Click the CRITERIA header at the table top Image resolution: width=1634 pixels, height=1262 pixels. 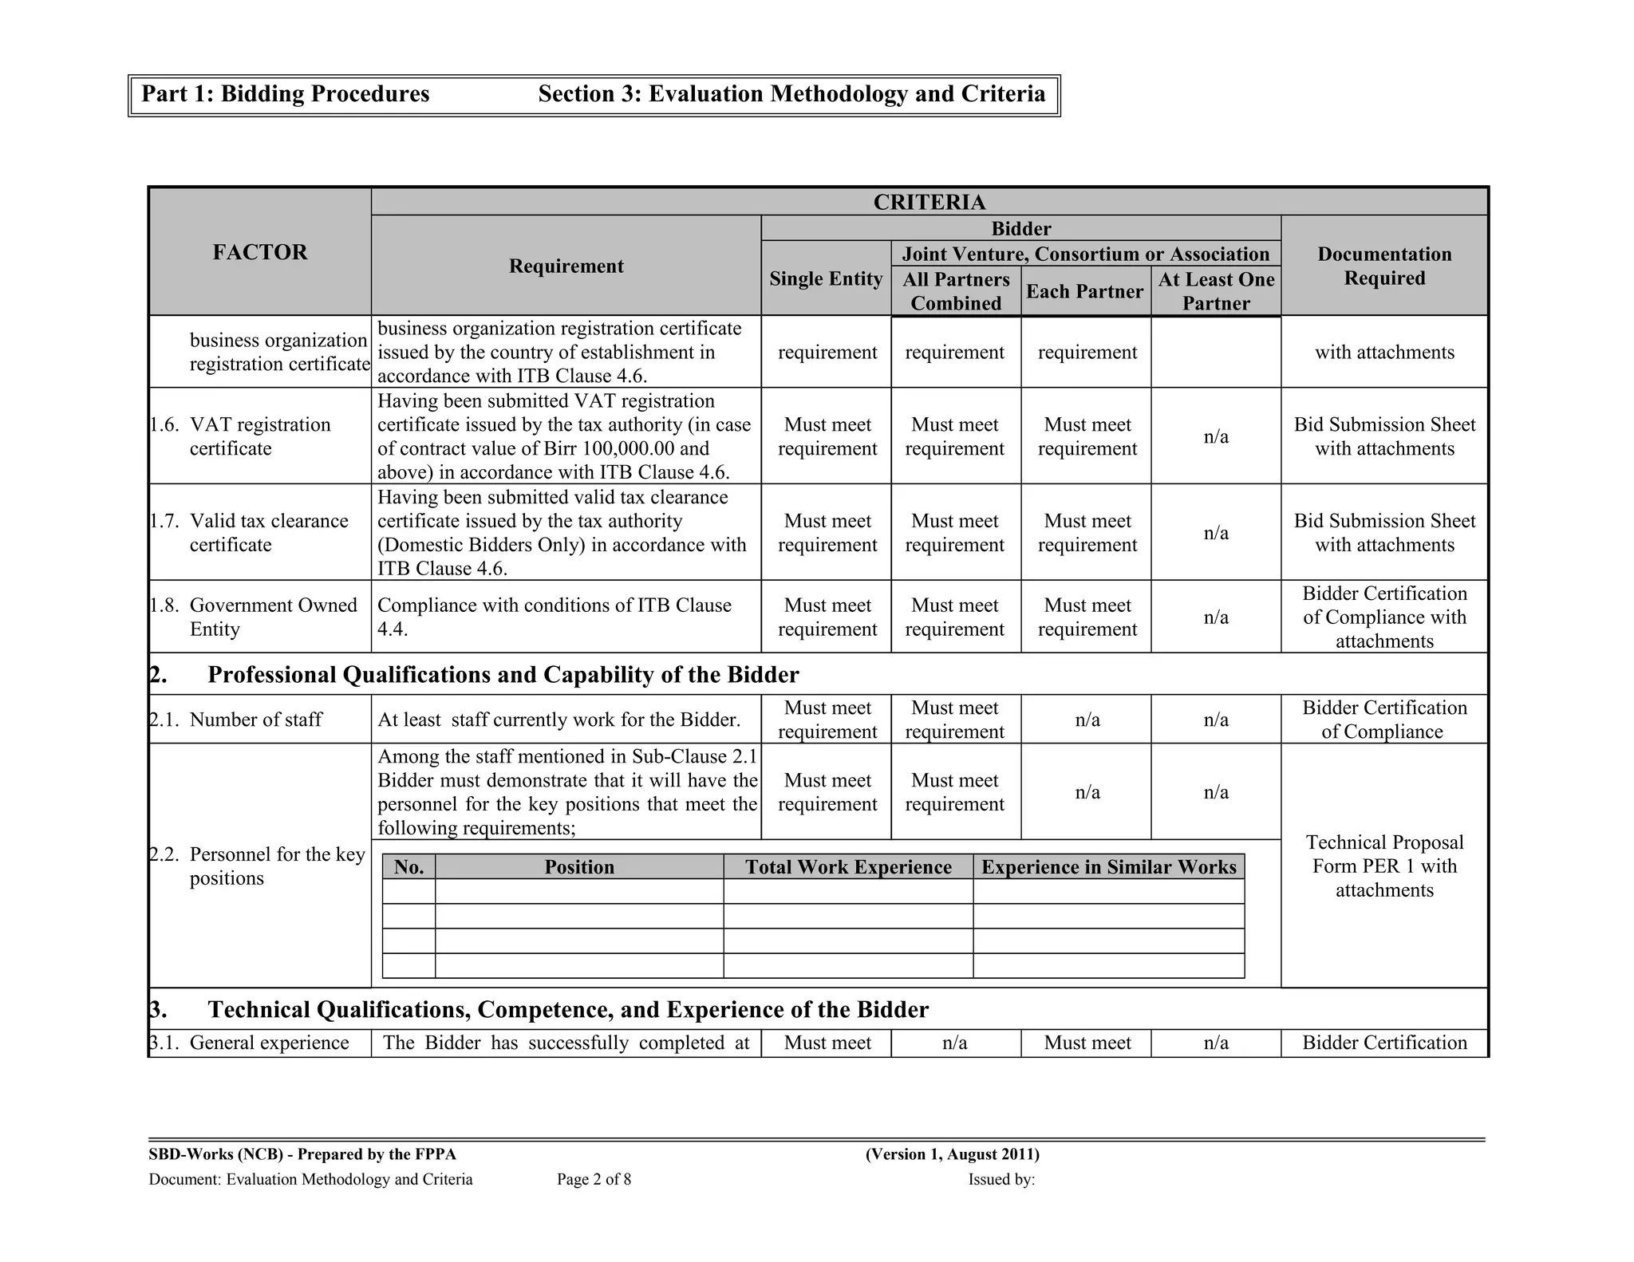pyautogui.click(x=929, y=202)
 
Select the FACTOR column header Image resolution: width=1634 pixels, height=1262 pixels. pyautogui.click(x=259, y=252)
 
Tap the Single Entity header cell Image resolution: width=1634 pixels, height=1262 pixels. pyautogui.click(x=826, y=278)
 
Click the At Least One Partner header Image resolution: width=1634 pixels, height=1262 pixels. pyautogui.click(x=1215, y=291)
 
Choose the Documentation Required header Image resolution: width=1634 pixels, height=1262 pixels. pyautogui.click(x=1383, y=266)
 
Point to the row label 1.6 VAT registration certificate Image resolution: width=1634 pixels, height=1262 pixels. pyautogui.click(x=259, y=436)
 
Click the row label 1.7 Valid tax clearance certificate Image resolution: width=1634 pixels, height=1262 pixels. pyautogui.click(x=268, y=532)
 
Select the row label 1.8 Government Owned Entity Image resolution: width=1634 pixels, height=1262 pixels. pyautogui.click(x=272, y=617)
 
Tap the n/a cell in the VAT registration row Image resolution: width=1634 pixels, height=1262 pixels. pyautogui.click(x=1215, y=436)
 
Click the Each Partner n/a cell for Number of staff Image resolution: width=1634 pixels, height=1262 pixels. pyautogui.click(x=1087, y=720)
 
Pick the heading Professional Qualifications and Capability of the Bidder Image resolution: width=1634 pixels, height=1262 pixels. pyautogui.click(x=503, y=675)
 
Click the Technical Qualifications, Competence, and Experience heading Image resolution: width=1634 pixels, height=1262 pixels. pyautogui.click(x=568, y=1010)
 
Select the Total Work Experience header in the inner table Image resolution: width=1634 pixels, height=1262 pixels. pyautogui.click(x=848, y=867)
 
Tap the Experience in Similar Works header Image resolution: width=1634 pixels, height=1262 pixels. pyautogui.click(x=1108, y=867)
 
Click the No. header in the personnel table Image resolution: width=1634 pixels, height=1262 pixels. pyautogui.click(x=408, y=867)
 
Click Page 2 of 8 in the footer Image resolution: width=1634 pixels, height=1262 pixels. pyautogui.click(x=594, y=1179)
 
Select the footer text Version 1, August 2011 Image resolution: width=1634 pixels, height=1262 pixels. pyautogui.click(x=952, y=1154)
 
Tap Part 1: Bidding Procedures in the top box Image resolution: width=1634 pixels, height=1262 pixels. pyautogui.click(x=286, y=94)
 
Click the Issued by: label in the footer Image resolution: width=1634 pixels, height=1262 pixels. pyautogui.click(x=1001, y=1179)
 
